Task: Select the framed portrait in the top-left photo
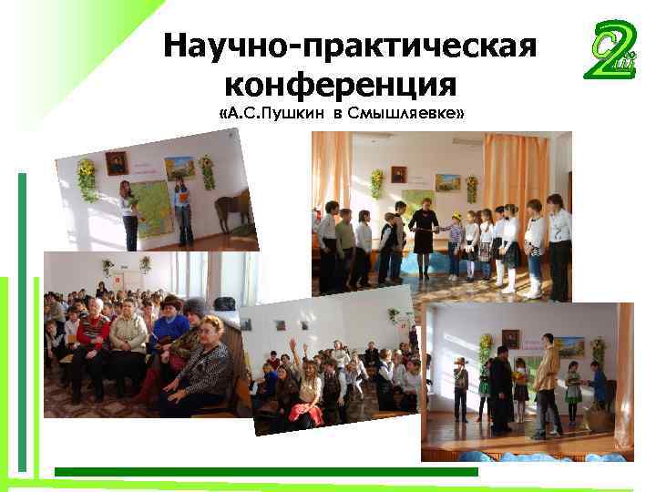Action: click(x=116, y=164)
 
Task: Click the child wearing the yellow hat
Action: click(x=456, y=239)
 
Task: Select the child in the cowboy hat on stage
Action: click(x=461, y=387)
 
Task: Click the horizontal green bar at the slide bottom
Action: click(x=264, y=472)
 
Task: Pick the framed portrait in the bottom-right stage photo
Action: click(x=510, y=339)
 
